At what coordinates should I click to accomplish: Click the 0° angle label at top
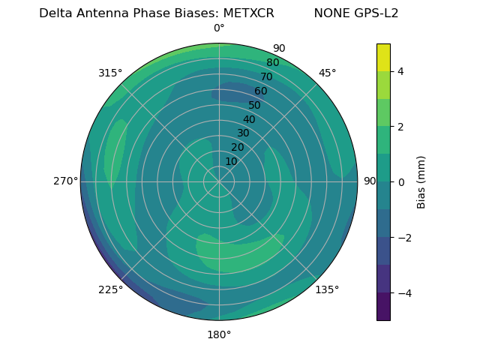click(x=219, y=28)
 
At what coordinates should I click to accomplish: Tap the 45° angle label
click(x=327, y=73)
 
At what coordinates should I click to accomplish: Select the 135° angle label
click(x=327, y=289)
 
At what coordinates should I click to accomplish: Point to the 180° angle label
click(x=219, y=334)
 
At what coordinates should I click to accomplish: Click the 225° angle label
click(x=110, y=289)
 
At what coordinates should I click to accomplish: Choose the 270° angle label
click(x=65, y=181)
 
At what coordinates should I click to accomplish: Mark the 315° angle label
click(x=110, y=73)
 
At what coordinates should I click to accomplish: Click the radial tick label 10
click(x=231, y=161)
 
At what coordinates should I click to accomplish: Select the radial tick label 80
click(x=273, y=62)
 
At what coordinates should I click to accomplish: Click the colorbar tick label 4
click(x=401, y=71)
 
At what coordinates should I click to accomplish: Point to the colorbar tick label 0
click(x=401, y=182)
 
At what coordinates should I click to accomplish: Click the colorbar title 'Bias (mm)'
click(x=421, y=182)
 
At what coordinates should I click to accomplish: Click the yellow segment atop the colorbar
click(x=383, y=57)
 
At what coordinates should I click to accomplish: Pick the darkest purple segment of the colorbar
click(x=383, y=307)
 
